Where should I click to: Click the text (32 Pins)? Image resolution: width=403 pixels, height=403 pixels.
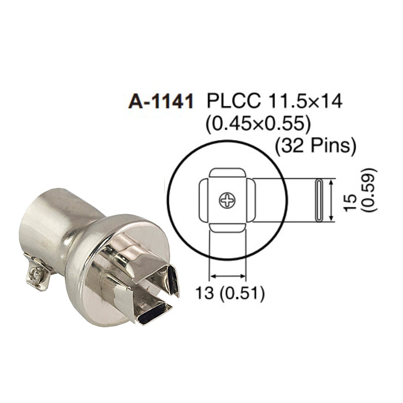coord(316,146)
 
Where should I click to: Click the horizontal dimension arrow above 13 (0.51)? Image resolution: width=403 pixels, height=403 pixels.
coord(228,276)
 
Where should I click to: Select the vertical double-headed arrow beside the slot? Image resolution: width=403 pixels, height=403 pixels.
coord(331,200)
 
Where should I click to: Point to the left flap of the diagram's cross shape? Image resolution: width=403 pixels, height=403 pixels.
coord(205,201)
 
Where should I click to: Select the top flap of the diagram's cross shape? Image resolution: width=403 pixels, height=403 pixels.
coord(227,177)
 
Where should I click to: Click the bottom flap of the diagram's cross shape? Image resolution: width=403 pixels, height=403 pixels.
coord(227,226)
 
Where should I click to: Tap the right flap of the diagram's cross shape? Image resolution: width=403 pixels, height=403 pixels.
coord(250,201)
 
